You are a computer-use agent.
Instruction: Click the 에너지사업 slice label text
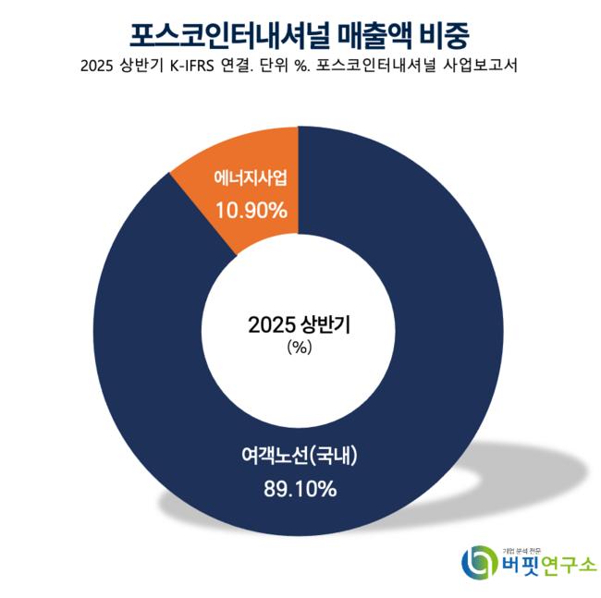point(251,178)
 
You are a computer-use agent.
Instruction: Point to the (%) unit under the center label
point(301,348)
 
